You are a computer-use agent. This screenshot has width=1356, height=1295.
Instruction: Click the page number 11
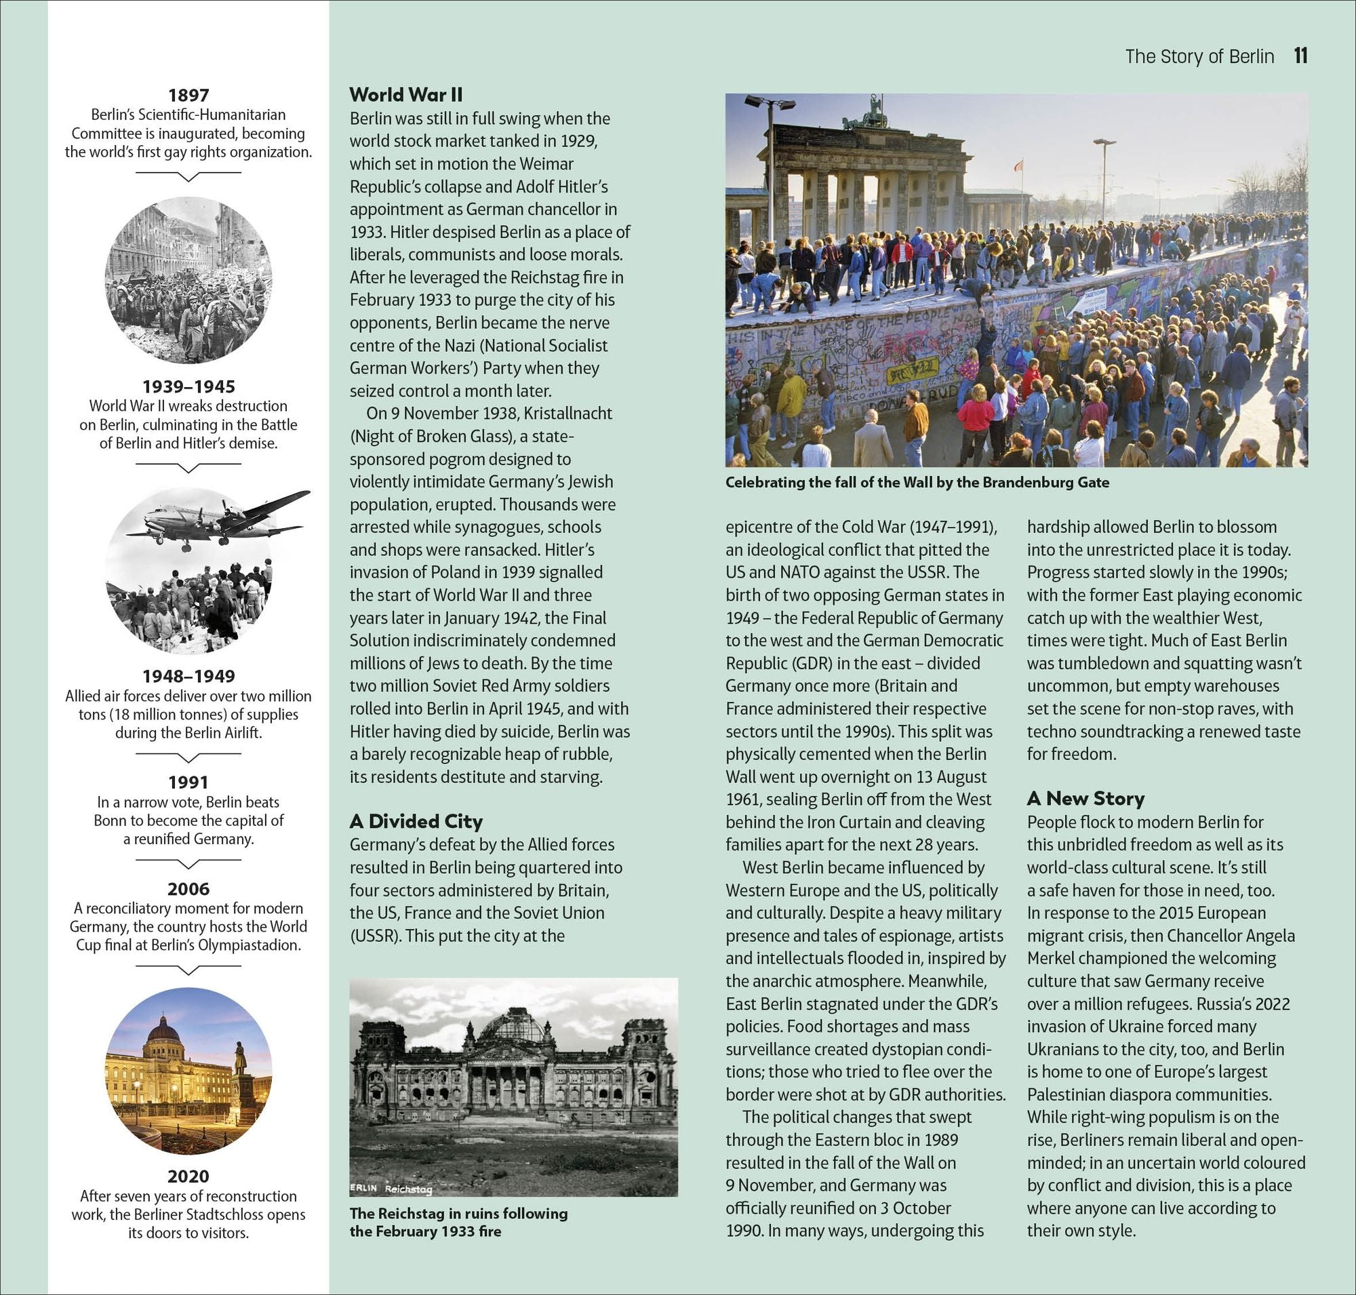1301,56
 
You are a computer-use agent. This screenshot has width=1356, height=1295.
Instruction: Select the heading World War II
405,94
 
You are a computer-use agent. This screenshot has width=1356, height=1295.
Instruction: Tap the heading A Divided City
416,821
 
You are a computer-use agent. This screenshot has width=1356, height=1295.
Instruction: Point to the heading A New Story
1085,798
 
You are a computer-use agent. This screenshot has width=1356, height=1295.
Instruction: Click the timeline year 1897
188,96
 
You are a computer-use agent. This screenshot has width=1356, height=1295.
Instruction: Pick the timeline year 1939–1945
188,386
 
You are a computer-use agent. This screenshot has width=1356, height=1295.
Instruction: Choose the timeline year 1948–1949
188,676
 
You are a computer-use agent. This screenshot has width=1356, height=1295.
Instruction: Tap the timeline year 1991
188,782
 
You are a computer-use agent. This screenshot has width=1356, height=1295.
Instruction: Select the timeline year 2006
188,888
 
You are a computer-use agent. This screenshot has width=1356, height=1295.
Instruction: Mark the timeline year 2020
188,1176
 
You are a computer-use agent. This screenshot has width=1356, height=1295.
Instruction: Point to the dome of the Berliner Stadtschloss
164,1029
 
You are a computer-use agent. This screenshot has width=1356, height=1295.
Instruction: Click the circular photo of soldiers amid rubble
188,279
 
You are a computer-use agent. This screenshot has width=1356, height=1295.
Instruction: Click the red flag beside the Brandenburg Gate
1017,165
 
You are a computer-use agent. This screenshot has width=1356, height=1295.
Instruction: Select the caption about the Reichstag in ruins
458,1222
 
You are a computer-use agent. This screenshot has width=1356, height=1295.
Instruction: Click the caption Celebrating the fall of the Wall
917,483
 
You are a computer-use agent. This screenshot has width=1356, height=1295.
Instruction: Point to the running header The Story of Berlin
1199,56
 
